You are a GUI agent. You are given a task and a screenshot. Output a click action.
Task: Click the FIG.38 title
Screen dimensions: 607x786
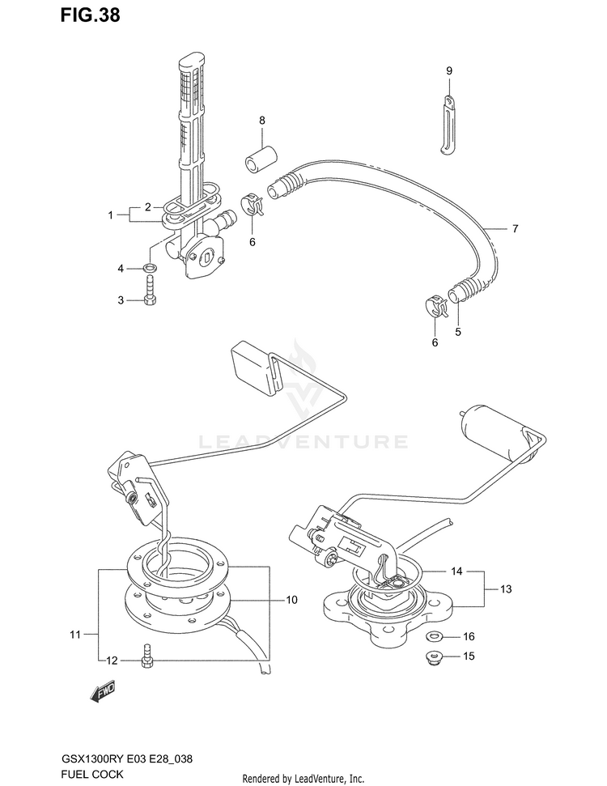pos(90,15)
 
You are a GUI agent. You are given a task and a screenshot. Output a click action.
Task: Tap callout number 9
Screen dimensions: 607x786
pos(449,71)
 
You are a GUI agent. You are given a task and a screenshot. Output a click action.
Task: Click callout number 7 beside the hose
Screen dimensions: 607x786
pos(515,228)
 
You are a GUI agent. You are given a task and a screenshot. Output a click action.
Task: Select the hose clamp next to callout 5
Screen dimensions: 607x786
pos(435,308)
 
